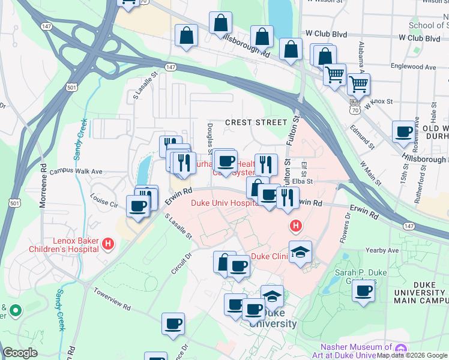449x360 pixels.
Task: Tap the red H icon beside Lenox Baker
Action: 108,243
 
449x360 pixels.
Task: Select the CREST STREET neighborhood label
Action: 256,122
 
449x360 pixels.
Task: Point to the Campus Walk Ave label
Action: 76,171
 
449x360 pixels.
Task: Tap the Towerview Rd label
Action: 112,298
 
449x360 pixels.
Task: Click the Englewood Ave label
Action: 412,67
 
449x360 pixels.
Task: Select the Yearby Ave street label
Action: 385,250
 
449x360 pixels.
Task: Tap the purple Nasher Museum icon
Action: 400,348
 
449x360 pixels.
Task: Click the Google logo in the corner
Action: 20,353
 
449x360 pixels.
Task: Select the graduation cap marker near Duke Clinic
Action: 300,252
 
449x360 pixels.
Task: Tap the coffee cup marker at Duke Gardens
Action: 363,292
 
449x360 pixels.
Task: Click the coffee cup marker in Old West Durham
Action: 404,131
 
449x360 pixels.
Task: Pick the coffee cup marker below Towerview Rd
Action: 173,324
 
